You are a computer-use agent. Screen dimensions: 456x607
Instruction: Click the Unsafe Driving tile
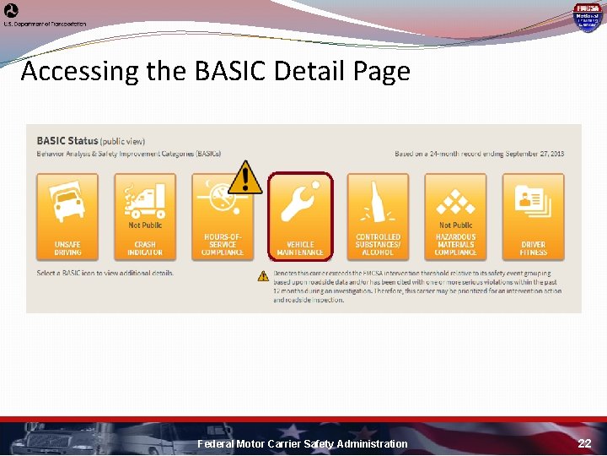(x=67, y=216)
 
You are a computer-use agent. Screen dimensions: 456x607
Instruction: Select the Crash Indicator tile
(x=145, y=216)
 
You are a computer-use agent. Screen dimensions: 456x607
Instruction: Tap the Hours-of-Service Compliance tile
(x=223, y=216)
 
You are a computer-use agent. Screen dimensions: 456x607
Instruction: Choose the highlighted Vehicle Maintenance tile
(x=300, y=216)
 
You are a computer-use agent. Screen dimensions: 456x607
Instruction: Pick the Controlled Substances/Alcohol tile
(x=378, y=216)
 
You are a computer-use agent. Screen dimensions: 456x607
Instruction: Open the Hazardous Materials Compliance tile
(x=455, y=216)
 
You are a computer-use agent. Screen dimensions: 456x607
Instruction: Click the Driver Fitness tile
(x=533, y=216)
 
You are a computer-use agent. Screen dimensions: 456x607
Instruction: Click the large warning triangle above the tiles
(x=244, y=176)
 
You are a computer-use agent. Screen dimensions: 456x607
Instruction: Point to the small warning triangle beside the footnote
(x=264, y=275)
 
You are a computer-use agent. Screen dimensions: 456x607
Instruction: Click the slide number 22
(x=584, y=443)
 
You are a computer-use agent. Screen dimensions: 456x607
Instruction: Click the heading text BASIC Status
(x=67, y=140)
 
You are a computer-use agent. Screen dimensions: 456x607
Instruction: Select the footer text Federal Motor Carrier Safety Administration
(x=302, y=443)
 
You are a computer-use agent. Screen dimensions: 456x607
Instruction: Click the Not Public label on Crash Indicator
(x=145, y=225)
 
